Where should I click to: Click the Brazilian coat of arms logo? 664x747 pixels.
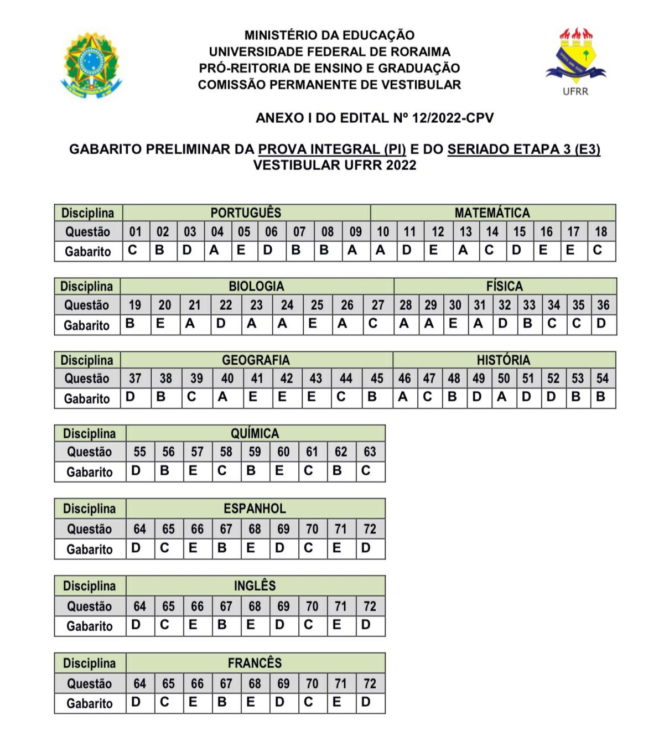[x=91, y=65]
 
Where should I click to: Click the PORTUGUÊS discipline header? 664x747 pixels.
[x=246, y=212]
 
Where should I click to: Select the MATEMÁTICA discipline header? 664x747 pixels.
[x=492, y=212]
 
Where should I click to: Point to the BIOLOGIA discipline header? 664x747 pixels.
[x=256, y=286]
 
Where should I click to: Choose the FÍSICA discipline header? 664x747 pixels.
[x=504, y=286]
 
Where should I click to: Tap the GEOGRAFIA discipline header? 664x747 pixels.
[x=256, y=360]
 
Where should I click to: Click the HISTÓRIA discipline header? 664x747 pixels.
[x=504, y=360]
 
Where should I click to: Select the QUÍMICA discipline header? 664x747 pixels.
[x=255, y=433]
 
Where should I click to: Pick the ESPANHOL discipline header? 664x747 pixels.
[x=255, y=509]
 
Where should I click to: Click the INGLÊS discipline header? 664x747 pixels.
[x=255, y=585]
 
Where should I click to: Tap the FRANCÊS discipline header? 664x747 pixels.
[x=255, y=662]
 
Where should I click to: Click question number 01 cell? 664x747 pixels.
[x=136, y=231]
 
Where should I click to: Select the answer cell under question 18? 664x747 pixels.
[x=601, y=251]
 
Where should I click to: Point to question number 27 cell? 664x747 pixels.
[x=378, y=305]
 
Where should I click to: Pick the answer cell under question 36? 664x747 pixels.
[x=603, y=324]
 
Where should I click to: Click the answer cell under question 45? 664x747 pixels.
[x=377, y=398]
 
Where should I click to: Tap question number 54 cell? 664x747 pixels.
[x=603, y=378]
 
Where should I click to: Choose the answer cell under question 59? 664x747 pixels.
[x=255, y=471]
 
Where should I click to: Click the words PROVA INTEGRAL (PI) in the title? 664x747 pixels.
[x=332, y=149]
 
